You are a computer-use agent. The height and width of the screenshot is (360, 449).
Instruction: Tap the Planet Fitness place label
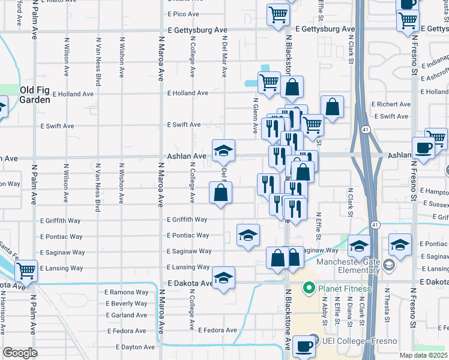[345, 289]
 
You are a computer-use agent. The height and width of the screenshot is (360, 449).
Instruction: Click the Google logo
[19, 353]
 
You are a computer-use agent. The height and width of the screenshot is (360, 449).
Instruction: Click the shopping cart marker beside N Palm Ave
[26, 271]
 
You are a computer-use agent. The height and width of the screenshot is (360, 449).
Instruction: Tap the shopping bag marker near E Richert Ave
[332, 107]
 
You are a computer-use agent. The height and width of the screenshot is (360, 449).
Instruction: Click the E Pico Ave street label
[184, 14]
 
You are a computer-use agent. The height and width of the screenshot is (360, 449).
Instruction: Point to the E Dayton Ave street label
[127, 347]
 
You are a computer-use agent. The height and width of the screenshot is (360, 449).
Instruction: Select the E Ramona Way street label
[127, 292]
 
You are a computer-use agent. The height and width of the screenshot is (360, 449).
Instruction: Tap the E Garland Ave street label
[125, 315]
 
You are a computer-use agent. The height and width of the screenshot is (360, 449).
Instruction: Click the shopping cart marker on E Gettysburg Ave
[278, 16]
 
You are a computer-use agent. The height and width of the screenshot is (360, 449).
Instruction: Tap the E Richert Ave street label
[391, 104]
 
